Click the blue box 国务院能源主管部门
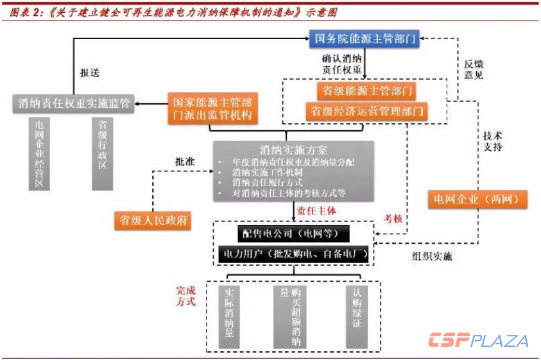pyautogui.click(x=365, y=39)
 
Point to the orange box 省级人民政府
pyautogui.click(x=153, y=220)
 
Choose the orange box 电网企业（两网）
pyautogui.click(x=478, y=199)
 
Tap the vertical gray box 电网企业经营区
pyautogui.click(x=40, y=153)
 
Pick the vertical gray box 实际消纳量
pyautogui.click(x=229, y=314)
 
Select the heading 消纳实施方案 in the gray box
pyautogui.click(x=285, y=150)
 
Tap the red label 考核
pyautogui.click(x=393, y=219)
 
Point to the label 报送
pyautogui.click(x=90, y=73)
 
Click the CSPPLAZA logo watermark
pyautogui.click(x=479, y=341)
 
